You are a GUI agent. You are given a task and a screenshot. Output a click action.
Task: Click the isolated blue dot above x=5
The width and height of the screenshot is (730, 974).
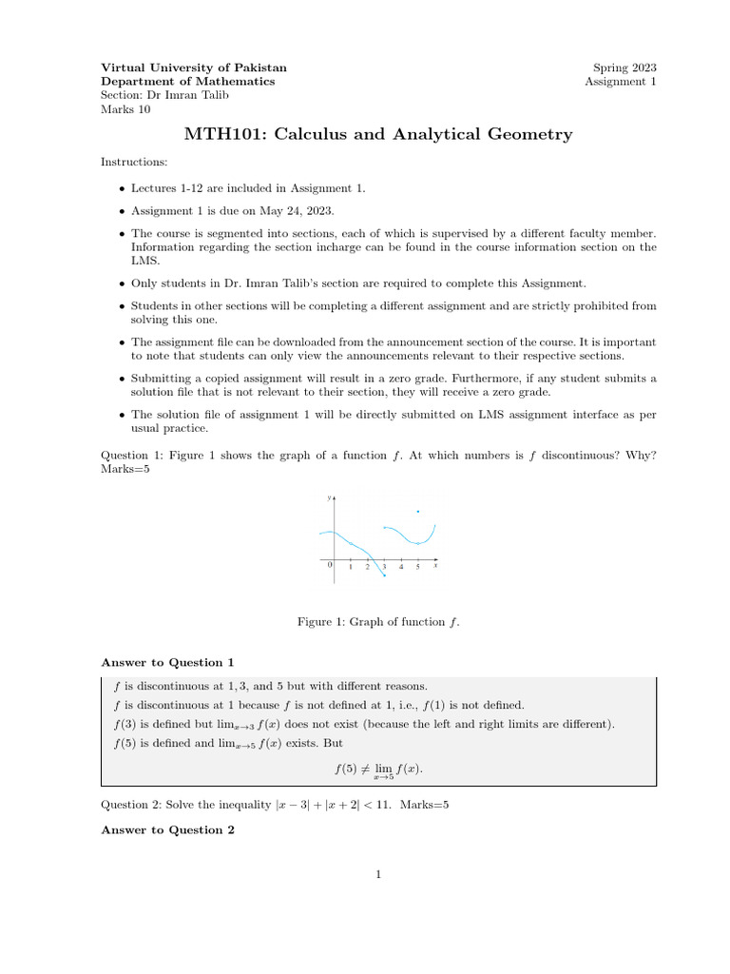click(418, 512)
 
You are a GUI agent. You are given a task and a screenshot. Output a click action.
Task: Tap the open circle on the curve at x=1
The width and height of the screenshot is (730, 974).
click(351, 543)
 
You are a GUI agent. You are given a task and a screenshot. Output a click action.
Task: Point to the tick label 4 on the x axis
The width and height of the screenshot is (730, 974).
click(401, 567)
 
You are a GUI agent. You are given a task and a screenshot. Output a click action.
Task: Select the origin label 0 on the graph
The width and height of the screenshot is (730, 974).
click(330, 565)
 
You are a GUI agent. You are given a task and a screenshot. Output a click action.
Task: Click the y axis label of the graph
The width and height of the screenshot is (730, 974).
click(329, 498)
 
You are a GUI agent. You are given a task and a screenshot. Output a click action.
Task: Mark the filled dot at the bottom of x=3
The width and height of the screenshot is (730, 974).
click(384, 575)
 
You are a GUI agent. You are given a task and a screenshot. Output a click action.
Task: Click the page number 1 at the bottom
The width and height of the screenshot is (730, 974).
click(377, 875)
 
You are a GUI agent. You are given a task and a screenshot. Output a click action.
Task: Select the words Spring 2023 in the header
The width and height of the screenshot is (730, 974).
click(624, 68)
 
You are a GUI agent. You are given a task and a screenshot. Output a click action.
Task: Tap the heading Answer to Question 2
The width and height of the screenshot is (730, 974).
click(167, 829)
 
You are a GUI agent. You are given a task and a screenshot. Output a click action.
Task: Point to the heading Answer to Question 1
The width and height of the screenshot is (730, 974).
click(167, 662)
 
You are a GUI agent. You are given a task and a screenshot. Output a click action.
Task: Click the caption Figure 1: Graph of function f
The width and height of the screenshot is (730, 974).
click(378, 621)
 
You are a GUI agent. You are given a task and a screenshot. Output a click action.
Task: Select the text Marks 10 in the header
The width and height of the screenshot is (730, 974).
click(125, 108)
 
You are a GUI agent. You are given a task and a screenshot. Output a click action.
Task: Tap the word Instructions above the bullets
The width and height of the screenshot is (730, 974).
click(134, 164)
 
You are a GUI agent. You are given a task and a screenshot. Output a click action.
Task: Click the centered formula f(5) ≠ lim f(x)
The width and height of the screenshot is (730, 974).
click(378, 769)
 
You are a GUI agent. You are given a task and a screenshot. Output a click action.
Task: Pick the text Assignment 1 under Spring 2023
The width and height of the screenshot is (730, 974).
click(621, 82)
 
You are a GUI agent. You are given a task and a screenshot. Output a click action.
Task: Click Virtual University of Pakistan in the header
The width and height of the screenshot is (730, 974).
click(194, 68)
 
